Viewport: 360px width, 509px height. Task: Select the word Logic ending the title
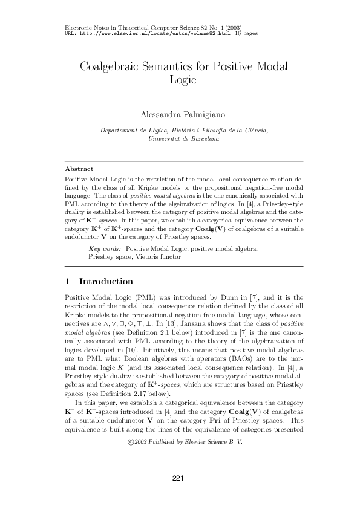coord(180,80)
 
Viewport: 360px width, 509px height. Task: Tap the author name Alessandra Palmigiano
coord(180,115)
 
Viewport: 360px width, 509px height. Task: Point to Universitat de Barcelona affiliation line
coord(180,138)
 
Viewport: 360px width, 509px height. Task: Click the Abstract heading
coord(79,170)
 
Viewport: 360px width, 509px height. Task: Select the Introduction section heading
coord(106,282)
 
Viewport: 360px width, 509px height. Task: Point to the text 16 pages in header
coord(246,34)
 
